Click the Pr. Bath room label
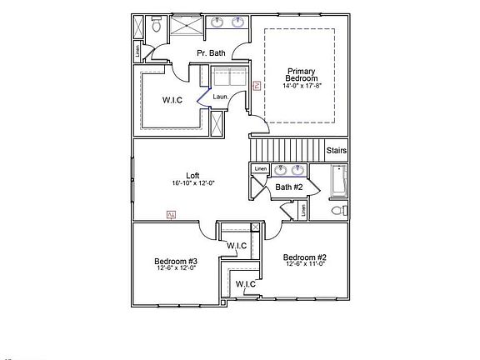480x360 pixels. (x=211, y=53)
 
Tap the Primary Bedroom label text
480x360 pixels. (x=301, y=75)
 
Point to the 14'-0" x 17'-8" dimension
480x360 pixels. (x=301, y=86)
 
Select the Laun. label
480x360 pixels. (x=221, y=97)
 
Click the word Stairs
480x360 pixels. (x=336, y=151)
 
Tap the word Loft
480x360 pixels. (x=192, y=175)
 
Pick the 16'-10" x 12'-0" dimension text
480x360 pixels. (x=192, y=183)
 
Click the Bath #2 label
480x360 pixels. (x=288, y=187)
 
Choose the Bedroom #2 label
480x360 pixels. (x=304, y=257)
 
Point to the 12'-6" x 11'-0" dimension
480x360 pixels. (x=304, y=264)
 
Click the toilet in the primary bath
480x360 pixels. (x=155, y=27)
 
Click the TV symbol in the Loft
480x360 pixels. (x=171, y=215)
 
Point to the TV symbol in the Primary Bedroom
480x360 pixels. (x=257, y=85)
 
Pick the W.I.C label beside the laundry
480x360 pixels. (x=172, y=101)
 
